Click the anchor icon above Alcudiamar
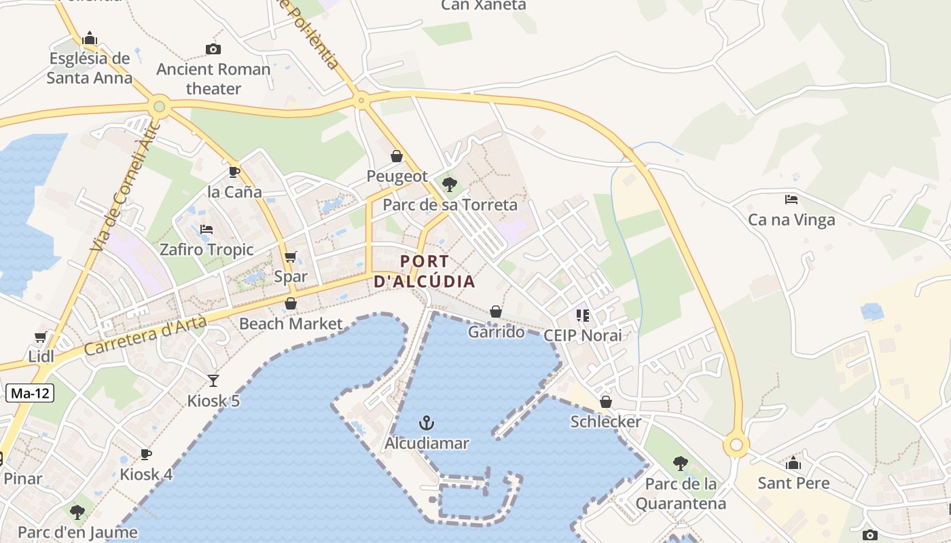click(426, 424)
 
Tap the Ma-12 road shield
click(31, 393)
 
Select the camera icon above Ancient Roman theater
click(213, 49)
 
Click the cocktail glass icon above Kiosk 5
click(213, 381)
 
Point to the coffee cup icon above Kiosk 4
click(145, 454)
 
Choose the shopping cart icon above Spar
click(291, 257)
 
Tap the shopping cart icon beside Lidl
click(41, 337)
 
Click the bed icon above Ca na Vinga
click(791, 200)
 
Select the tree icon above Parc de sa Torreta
click(449, 184)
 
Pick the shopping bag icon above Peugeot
click(397, 157)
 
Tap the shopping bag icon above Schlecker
click(605, 402)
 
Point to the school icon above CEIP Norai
click(582, 315)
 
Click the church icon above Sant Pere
click(793, 464)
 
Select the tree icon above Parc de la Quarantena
click(680, 464)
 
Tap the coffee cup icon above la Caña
click(234, 172)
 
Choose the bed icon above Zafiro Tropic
click(207, 229)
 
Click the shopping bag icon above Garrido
click(496, 312)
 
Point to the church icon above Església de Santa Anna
click(89, 38)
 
